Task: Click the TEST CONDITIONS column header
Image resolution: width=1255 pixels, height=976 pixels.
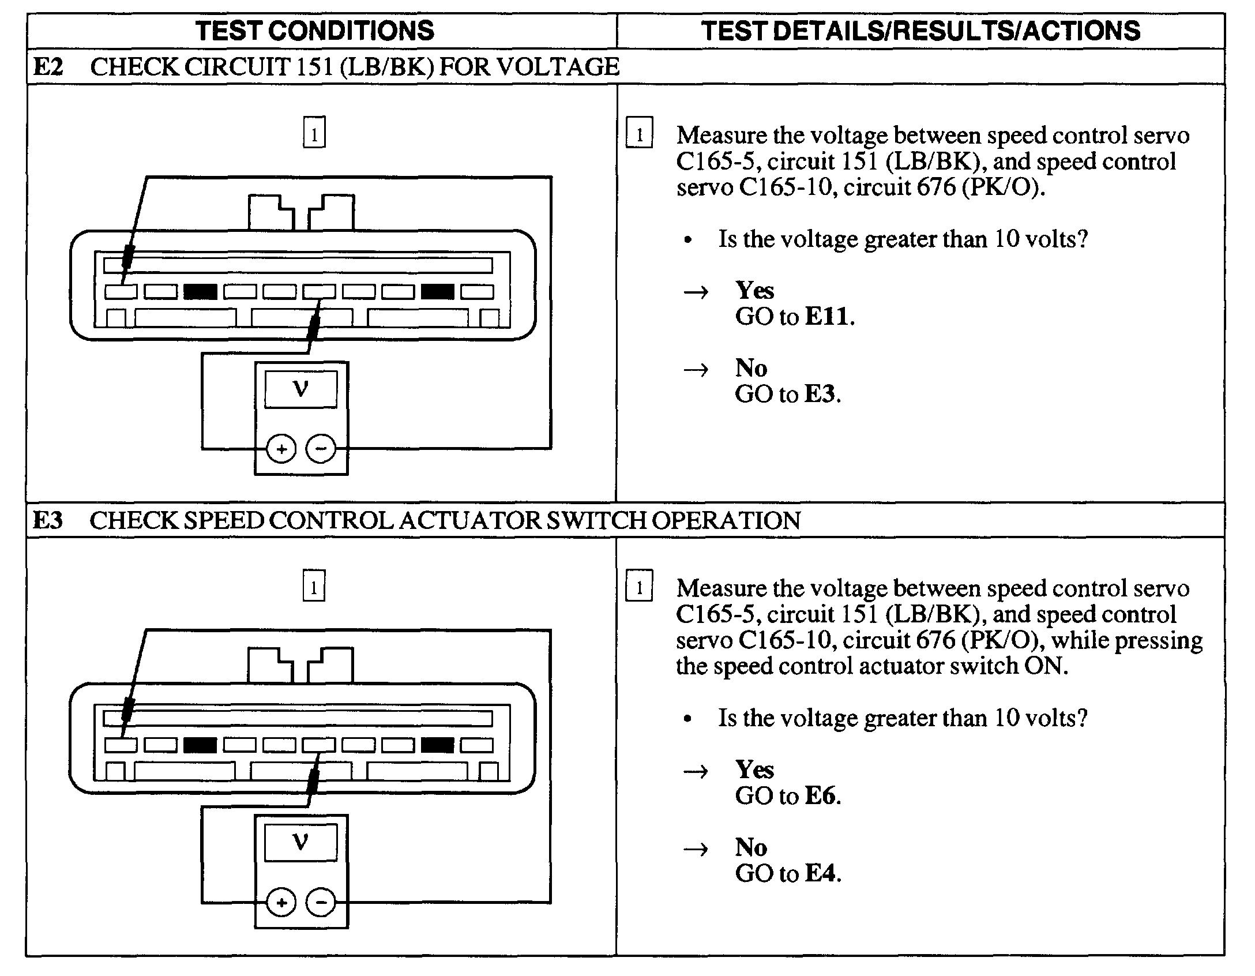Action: click(x=315, y=31)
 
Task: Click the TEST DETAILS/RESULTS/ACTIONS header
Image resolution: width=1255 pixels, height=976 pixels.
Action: click(x=920, y=31)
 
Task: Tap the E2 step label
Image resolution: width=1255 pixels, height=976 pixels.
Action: click(x=48, y=67)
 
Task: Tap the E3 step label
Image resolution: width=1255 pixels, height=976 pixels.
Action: click(x=48, y=520)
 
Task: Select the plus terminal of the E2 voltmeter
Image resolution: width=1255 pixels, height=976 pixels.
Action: click(x=281, y=449)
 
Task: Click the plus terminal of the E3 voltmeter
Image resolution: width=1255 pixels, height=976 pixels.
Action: click(x=281, y=902)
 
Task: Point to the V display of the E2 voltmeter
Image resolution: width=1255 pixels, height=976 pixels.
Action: click(x=300, y=389)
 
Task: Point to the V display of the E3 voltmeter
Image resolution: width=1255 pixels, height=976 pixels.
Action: click(x=300, y=843)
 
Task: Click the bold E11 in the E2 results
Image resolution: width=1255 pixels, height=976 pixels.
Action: click(x=828, y=316)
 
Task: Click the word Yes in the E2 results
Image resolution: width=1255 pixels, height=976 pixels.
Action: click(x=754, y=290)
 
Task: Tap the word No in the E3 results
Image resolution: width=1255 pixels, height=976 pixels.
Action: click(x=751, y=847)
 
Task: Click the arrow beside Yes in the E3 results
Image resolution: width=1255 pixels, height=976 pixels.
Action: click(x=696, y=771)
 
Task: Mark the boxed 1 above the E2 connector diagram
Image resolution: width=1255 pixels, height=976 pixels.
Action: click(x=314, y=133)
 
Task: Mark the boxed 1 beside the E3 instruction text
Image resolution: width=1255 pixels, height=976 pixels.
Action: click(x=639, y=586)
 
